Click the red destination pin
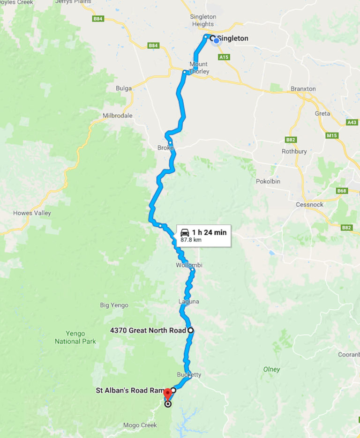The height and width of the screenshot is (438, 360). tap(167, 394)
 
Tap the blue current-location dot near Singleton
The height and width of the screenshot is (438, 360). tap(216, 41)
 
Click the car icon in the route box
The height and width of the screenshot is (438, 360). tap(185, 232)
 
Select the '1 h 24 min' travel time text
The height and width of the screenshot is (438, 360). tap(209, 232)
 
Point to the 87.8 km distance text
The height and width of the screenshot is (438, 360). tap(191, 240)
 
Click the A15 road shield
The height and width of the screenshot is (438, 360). tap(224, 57)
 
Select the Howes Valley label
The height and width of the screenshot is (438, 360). tap(32, 213)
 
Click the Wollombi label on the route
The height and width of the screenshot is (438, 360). tap(189, 265)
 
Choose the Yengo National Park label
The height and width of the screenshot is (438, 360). tap(75, 337)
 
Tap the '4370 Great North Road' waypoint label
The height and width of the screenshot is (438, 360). tap(148, 330)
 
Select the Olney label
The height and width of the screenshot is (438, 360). tap(271, 369)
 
